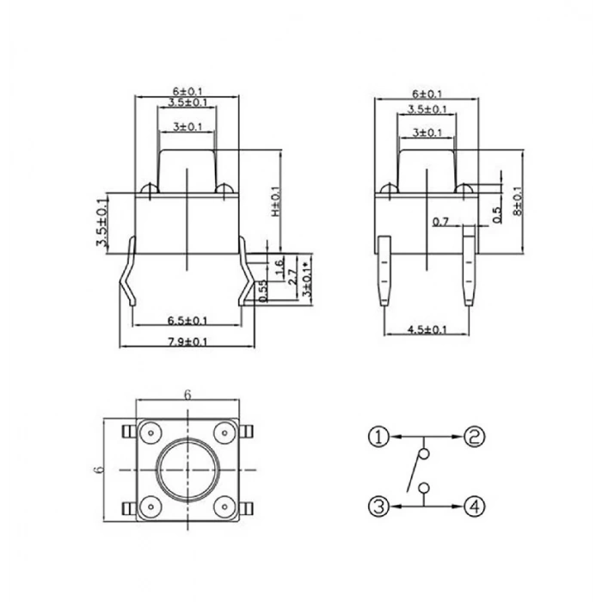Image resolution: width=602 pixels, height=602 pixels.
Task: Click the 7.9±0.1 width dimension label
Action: pyautogui.click(x=187, y=342)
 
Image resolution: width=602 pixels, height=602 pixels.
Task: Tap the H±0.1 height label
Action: pyautogui.click(x=276, y=204)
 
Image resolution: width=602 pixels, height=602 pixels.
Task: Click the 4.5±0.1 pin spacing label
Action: pyautogui.click(x=427, y=329)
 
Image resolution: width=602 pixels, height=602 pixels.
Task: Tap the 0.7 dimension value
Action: pyautogui.click(x=441, y=222)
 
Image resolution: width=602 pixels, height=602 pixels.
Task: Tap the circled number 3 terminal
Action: pyautogui.click(x=380, y=506)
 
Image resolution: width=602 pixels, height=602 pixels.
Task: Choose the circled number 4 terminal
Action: pyautogui.click(x=473, y=506)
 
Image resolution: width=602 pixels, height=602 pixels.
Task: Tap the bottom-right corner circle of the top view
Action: pyautogui.click(x=223, y=507)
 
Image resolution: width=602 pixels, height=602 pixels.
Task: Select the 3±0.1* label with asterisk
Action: pyautogui.click(x=306, y=275)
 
